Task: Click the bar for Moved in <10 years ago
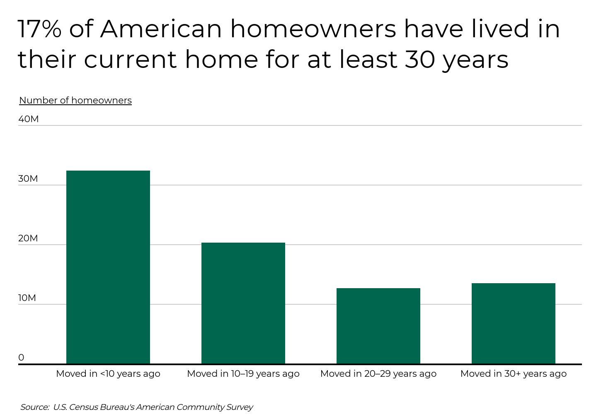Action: (x=108, y=267)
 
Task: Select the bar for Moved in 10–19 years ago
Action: (x=243, y=303)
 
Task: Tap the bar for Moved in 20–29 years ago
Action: (x=378, y=326)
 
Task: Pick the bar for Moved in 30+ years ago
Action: (x=514, y=323)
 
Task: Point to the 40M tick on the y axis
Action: (x=29, y=119)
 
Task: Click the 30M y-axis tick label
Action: (x=28, y=179)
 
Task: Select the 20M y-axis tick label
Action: (x=28, y=238)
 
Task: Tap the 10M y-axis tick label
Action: (x=27, y=298)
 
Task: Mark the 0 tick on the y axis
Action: (x=21, y=358)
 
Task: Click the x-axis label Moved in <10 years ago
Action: (x=108, y=374)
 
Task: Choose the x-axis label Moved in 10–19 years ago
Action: (x=243, y=374)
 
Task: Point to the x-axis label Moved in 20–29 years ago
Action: (x=378, y=374)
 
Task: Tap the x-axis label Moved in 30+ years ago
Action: (x=514, y=374)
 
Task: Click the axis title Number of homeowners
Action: (x=75, y=101)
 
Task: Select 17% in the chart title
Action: (x=39, y=29)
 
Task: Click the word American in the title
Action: (x=161, y=29)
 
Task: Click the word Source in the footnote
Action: (x=34, y=407)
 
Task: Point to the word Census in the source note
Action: (x=83, y=407)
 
